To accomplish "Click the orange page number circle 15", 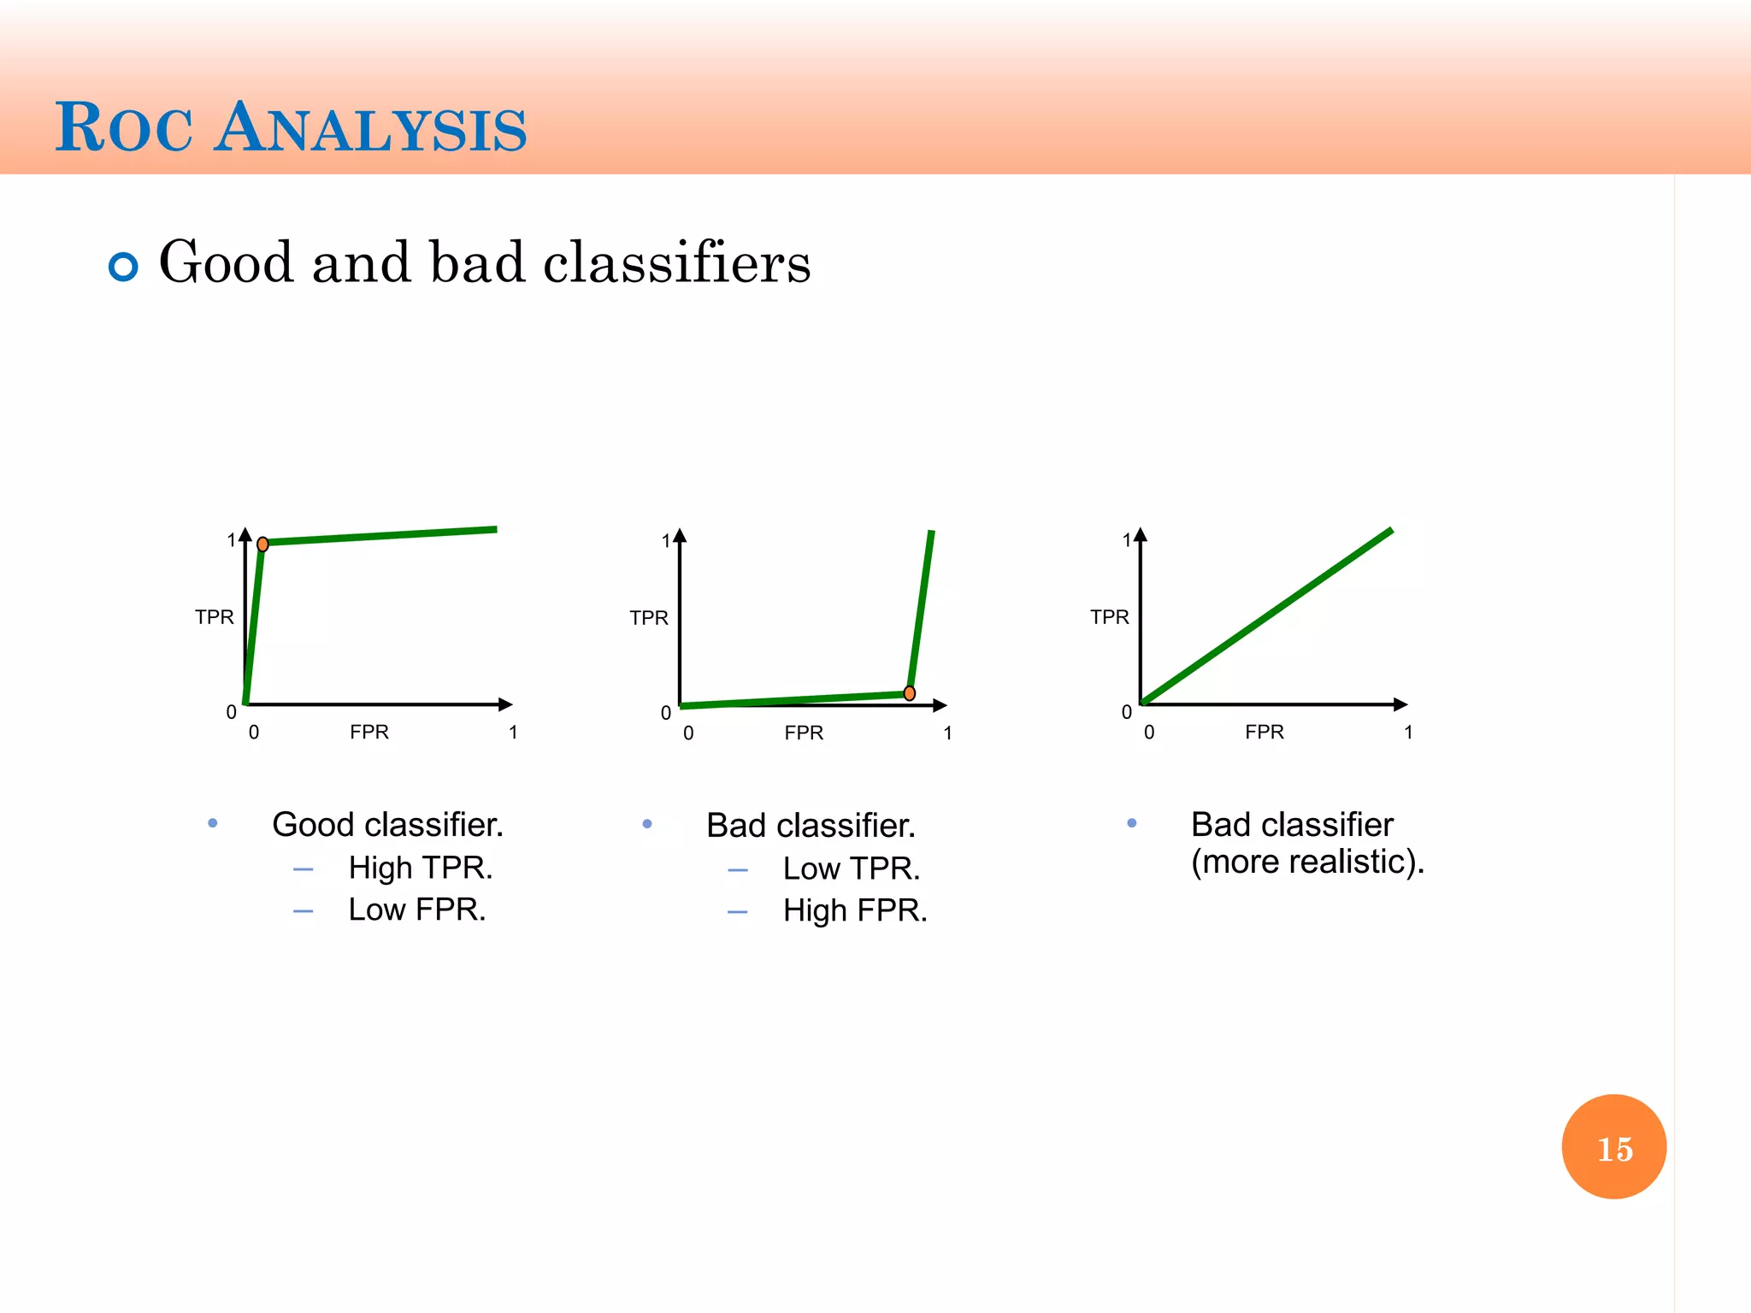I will [1613, 1146].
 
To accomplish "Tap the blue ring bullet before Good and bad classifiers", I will [123, 267].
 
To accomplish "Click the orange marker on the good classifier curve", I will [262, 544].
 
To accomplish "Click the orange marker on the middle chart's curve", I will [910, 693].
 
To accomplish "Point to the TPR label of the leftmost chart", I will [214, 617].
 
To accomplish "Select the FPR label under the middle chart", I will [804, 733].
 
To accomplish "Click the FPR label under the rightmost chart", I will [1264, 732].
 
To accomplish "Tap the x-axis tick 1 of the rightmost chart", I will [1408, 733].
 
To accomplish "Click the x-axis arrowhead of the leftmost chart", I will [505, 704].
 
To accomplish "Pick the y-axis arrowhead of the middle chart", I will [680, 536].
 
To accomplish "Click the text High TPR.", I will [420, 868].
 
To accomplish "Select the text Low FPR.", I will [416, 910].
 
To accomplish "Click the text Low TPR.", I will [851, 868].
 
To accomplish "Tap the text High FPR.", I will [854, 910].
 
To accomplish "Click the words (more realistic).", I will [1307, 862].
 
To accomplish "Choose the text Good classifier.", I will [387, 825].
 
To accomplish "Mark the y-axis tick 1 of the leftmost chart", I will [231, 540].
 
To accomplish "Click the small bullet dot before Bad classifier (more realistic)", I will [1131, 823].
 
